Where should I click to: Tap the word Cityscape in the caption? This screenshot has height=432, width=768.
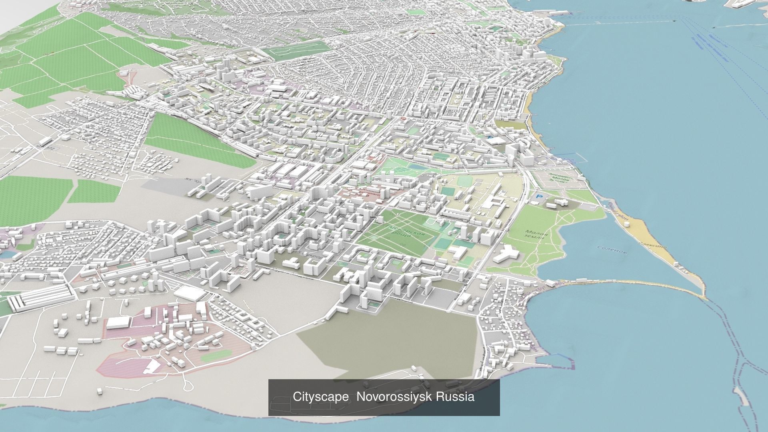(x=320, y=397)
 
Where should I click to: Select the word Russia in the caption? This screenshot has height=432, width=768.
(x=455, y=397)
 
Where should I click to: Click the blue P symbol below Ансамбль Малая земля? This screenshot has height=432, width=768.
(x=540, y=197)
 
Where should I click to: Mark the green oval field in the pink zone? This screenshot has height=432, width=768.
(x=216, y=355)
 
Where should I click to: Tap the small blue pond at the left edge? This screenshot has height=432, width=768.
(x=7, y=254)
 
